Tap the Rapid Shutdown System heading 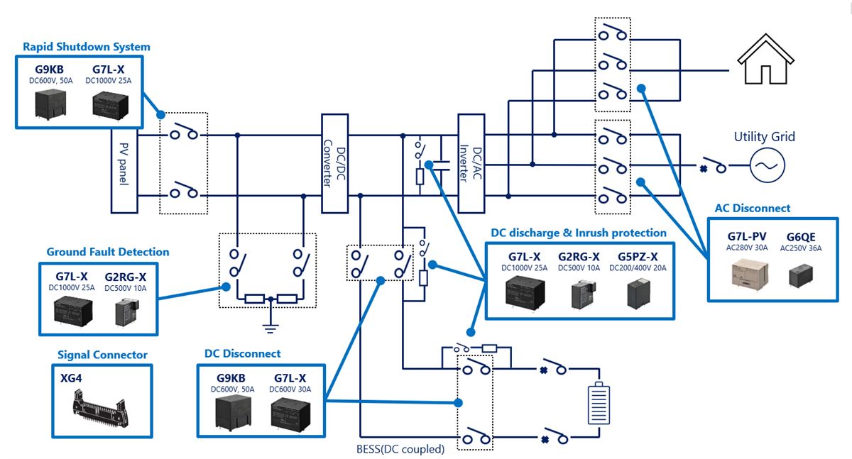point(87,47)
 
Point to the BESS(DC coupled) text point(400,448)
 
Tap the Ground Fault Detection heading point(108,252)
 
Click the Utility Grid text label point(765,137)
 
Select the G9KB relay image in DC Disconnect point(230,413)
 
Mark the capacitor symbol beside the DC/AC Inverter point(441,166)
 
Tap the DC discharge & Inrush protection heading point(579,233)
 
